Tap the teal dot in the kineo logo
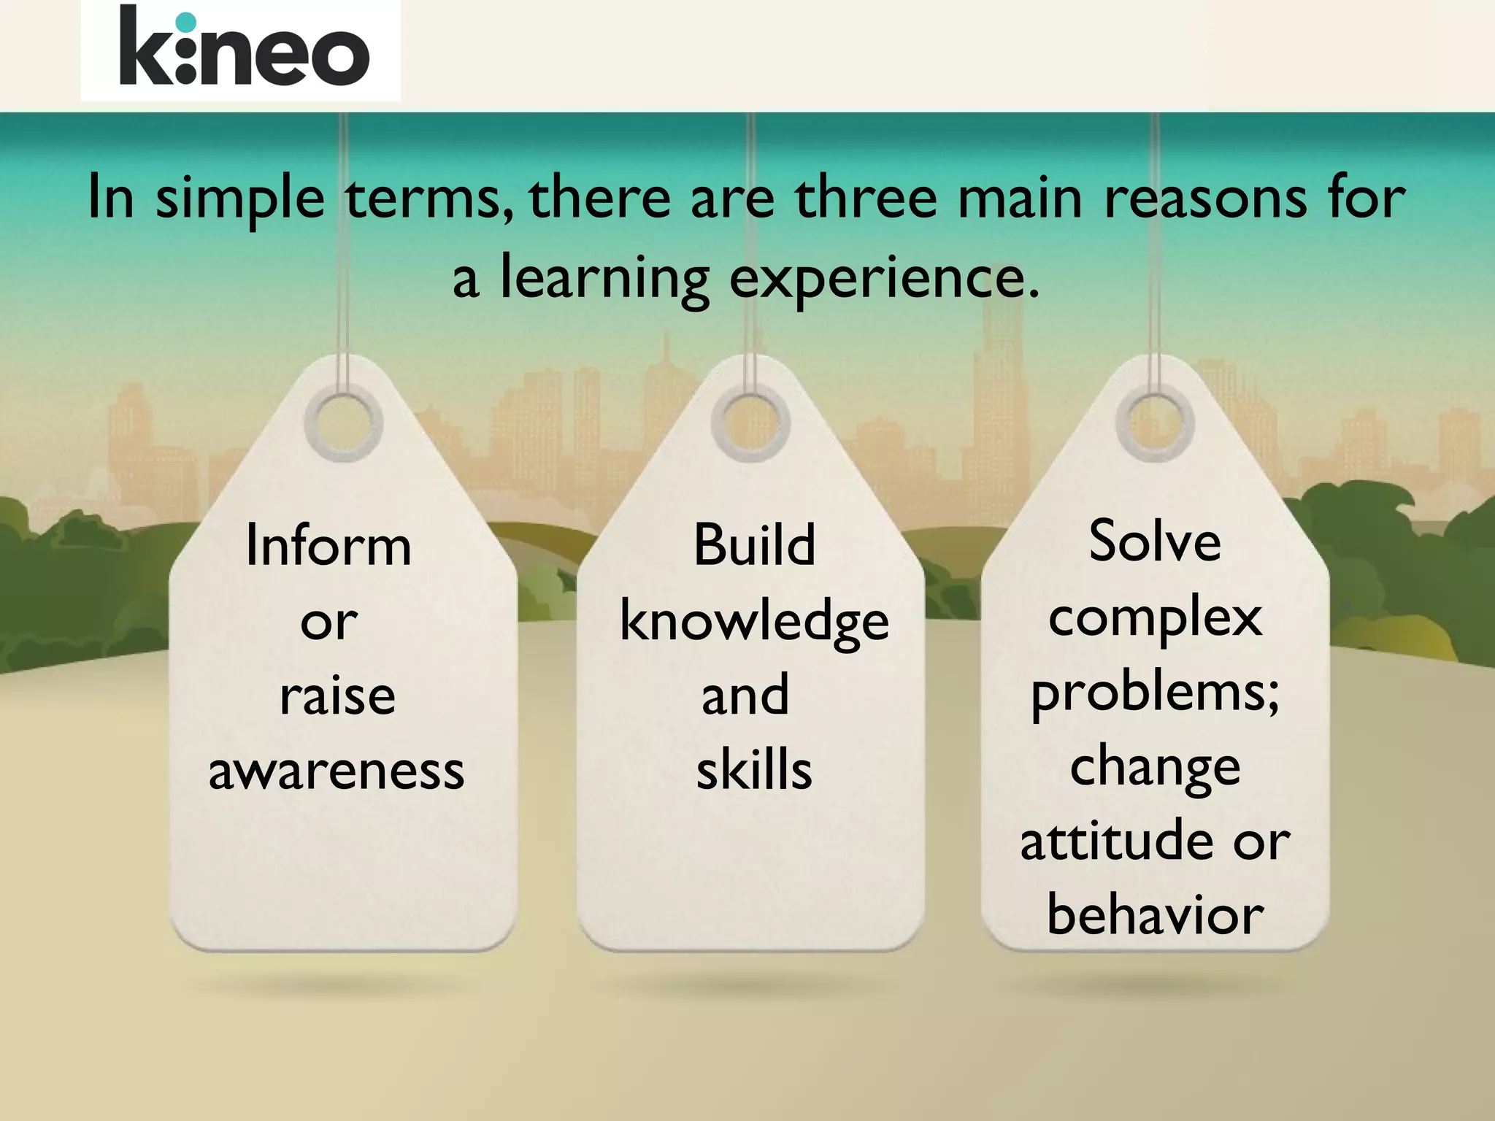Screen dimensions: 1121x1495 tap(187, 23)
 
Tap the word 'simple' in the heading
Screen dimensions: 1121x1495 tap(240, 199)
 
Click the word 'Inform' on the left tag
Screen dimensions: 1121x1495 tap(328, 545)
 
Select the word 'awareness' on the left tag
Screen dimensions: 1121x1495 tap(337, 771)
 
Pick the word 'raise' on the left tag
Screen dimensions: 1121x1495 tap(337, 696)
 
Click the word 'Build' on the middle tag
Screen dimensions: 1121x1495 tap(754, 545)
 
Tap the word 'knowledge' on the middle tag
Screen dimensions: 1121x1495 tap(754, 622)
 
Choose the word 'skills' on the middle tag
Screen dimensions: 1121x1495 tap(754, 771)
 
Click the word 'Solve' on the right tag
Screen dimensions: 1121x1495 tap(1155, 542)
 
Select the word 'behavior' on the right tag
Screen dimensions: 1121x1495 tap(1155, 915)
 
